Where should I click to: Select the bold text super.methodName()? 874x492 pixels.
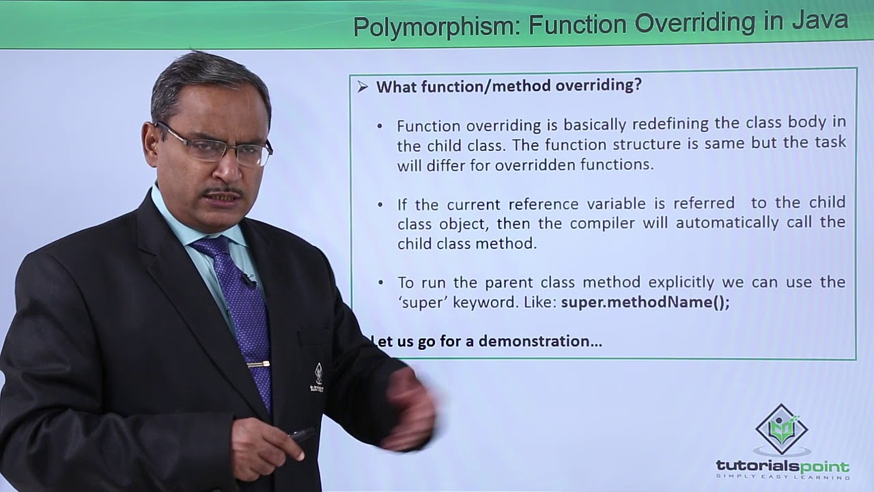click(x=645, y=302)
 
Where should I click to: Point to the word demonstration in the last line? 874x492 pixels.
click(x=540, y=341)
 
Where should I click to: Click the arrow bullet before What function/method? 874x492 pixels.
click(x=363, y=87)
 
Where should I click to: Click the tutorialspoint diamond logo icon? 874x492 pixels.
click(x=782, y=429)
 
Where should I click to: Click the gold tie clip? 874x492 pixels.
click(x=258, y=364)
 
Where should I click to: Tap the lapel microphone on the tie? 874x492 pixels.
click(x=247, y=279)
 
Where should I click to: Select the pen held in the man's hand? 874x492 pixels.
click(x=301, y=433)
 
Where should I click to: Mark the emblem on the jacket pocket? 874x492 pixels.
click(x=318, y=377)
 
